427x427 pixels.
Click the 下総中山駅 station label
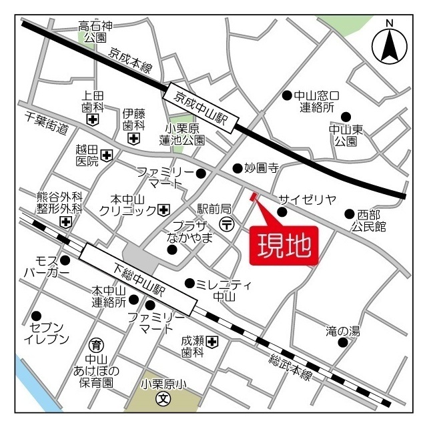tap(138, 279)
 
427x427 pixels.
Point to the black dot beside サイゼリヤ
tap(282, 212)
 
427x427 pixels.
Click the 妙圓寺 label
tap(261, 168)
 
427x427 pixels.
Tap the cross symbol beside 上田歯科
tap(92, 120)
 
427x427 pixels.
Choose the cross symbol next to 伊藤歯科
tap(134, 139)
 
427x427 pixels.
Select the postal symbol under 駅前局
tap(227, 224)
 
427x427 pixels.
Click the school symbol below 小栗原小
tap(162, 400)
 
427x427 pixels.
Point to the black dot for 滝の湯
tap(343, 342)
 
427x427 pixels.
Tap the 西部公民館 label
tap(372, 221)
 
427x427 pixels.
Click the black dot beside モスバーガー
tap(65, 260)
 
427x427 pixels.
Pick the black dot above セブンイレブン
tap(36, 316)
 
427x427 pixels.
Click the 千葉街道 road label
tap(47, 123)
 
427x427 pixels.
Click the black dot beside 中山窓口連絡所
tap(287, 95)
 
